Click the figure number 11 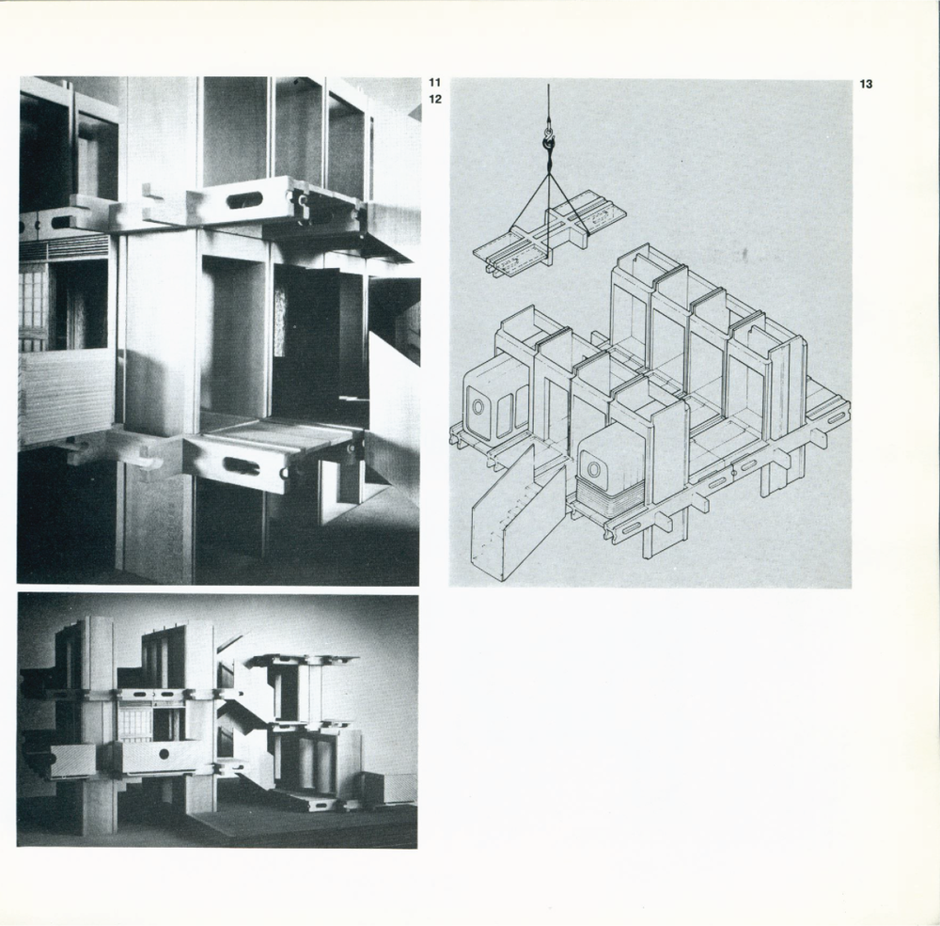[x=434, y=83]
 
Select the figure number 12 [x=435, y=100]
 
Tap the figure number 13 [x=866, y=84]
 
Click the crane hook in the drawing [x=548, y=142]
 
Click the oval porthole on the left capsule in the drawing [x=478, y=407]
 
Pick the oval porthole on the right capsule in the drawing [x=593, y=469]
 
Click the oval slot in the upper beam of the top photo [x=245, y=200]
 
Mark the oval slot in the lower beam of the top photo [x=241, y=466]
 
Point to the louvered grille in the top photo [x=65, y=247]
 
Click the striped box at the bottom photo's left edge [x=72, y=761]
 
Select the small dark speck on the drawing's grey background [x=744, y=254]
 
